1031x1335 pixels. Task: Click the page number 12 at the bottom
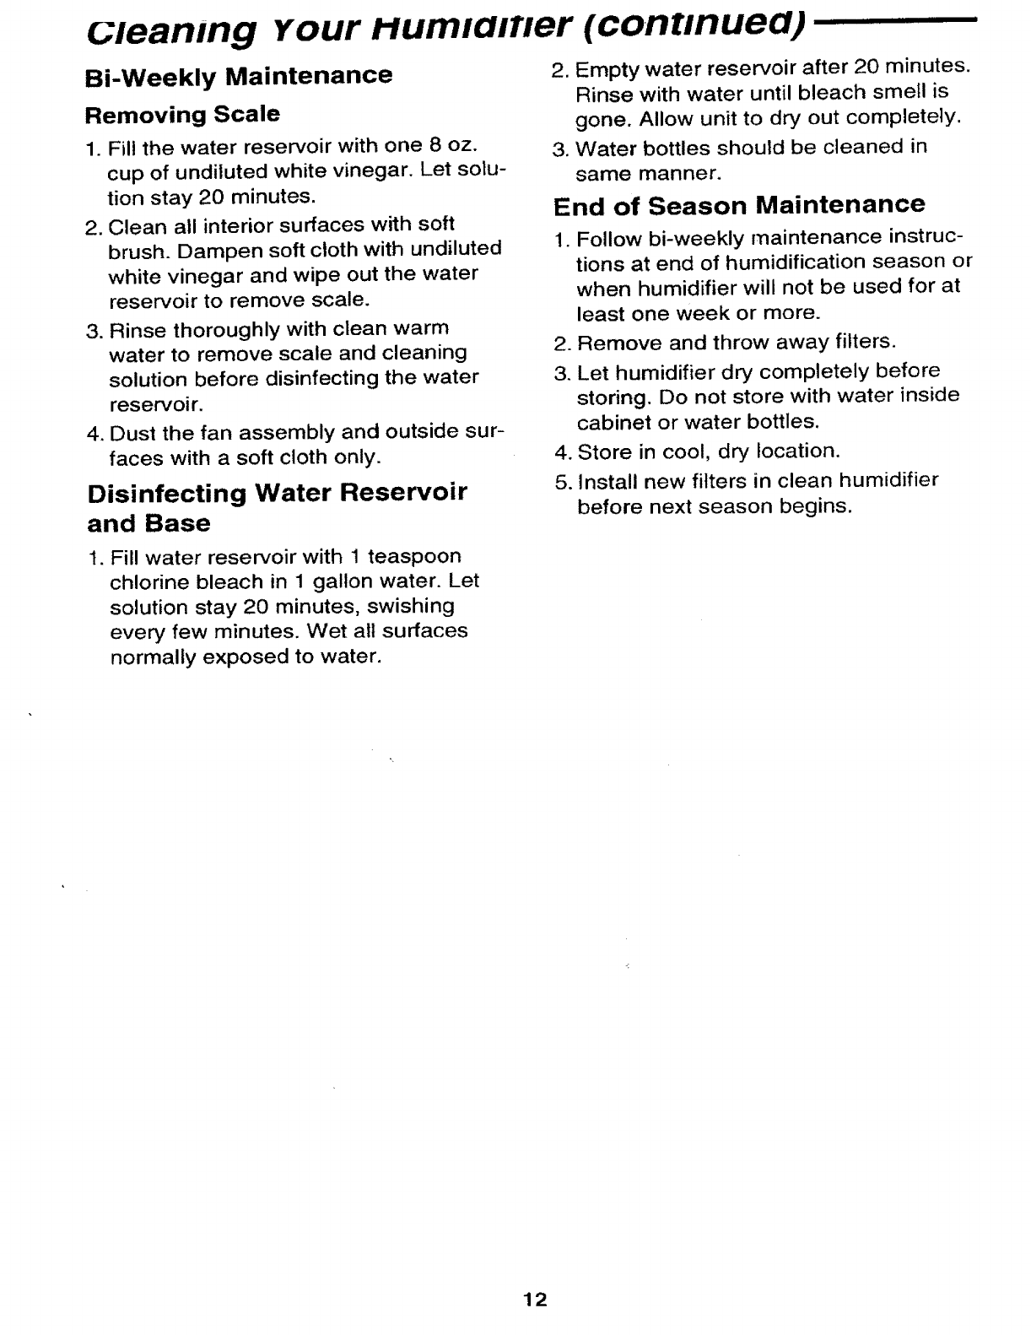point(535,1299)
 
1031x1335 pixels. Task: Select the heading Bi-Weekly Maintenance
point(240,75)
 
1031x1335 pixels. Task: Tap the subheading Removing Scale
point(183,114)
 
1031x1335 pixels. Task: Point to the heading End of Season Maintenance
point(739,205)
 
